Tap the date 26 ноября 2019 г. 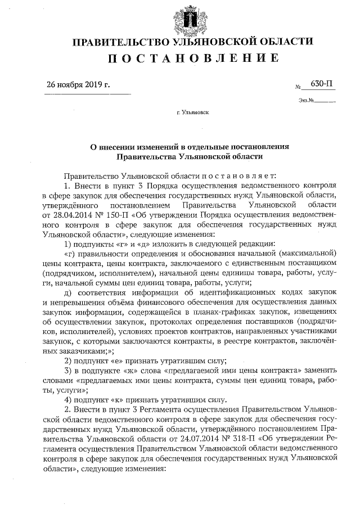(x=79, y=85)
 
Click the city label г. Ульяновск (x=192, y=112)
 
